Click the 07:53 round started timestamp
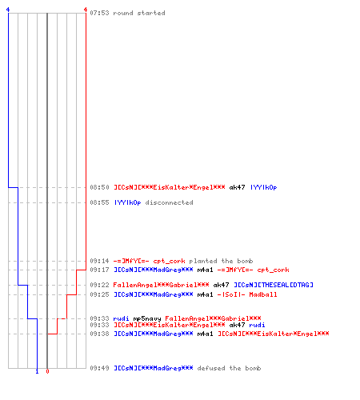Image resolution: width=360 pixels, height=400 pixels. click(x=99, y=13)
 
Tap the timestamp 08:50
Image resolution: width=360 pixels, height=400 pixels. click(x=99, y=187)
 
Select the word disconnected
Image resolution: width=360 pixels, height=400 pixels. click(x=170, y=202)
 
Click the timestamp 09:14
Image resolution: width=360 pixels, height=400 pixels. click(x=99, y=261)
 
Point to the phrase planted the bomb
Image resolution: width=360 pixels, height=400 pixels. click(x=221, y=261)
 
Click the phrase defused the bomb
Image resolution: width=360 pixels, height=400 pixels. click(x=229, y=368)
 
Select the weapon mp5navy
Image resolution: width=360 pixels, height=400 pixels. click(x=147, y=318)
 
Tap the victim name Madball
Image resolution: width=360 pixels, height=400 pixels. click(x=263, y=294)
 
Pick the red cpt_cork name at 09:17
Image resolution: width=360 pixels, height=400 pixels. click(x=273, y=270)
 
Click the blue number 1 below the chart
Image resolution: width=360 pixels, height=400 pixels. click(x=37, y=371)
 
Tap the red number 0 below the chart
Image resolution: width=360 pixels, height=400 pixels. click(x=47, y=371)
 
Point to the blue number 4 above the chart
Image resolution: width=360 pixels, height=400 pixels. click(x=8, y=10)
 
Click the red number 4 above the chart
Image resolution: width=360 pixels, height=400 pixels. click(x=86, y=10)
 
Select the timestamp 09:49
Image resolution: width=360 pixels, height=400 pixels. click(x=99, y=368)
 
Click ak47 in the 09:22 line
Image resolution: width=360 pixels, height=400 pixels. click(x=221, y=285)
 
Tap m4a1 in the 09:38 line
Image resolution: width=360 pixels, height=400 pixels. click(x=205, y=334)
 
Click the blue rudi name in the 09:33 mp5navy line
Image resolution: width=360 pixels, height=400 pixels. click(x=122, y=318)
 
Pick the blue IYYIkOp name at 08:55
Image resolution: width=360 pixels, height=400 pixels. click(x=127, y=202)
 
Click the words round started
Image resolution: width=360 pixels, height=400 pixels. click(x=139, y=13)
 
